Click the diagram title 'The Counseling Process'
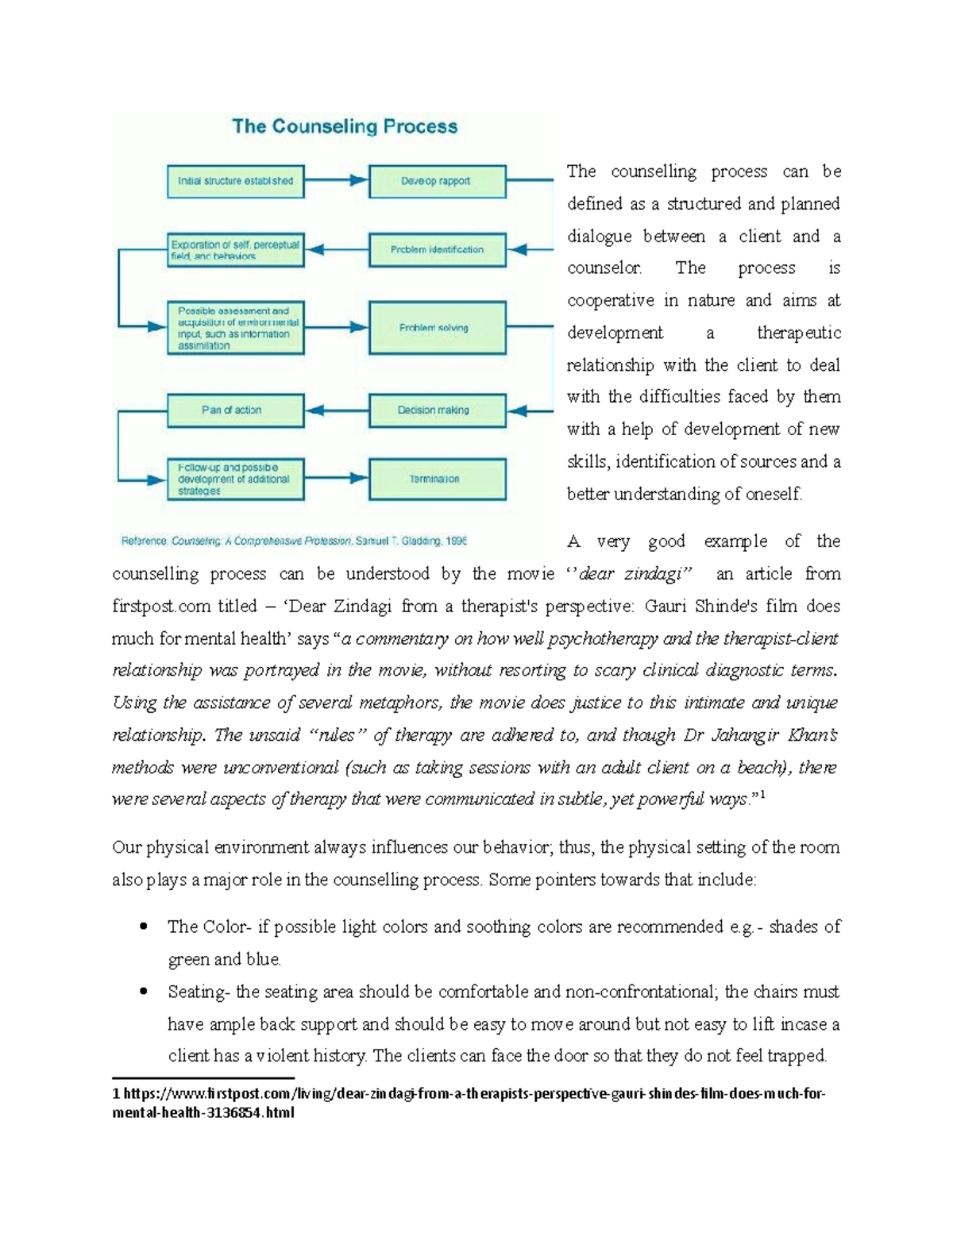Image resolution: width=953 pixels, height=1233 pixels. coord(345,127)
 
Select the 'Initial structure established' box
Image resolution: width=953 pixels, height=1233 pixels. coord(235,181)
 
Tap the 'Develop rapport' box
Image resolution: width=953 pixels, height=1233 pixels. coord(437,181)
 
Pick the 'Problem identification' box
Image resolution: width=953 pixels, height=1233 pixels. coord(437,249)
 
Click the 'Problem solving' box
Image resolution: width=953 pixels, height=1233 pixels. coord(437,327)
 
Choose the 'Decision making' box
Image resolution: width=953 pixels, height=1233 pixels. coord(437,410)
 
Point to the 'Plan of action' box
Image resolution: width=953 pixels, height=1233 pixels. coord(235,410)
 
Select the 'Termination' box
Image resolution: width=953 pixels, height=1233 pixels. coord(437,479)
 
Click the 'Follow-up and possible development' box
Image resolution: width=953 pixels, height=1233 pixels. coord(235,479)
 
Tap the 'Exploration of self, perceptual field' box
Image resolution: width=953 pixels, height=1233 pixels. coord(235,249)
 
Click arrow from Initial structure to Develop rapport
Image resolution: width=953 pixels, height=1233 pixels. coord(337,181)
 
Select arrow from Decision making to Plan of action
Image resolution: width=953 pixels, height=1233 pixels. coord(337,410)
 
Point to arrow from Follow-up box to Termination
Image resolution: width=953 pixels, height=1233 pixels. coord(337,479)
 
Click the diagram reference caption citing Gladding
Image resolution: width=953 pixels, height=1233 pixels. coord(294,541)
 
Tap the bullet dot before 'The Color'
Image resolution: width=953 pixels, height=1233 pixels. coord(144,927)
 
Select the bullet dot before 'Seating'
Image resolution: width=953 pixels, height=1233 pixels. coord(144,992)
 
